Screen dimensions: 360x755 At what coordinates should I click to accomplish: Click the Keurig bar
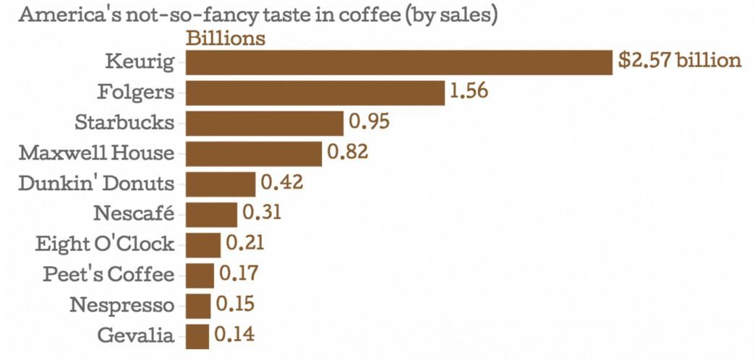pyautogui.click(x=399, y=62)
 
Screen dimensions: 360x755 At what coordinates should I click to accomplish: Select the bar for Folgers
pyautogui.click(x=315, y=93)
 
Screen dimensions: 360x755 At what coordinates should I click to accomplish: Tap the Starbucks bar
pyautogui.click(x=265, y=123)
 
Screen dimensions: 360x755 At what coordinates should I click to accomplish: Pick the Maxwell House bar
pyautogui.click(x=254, y=153)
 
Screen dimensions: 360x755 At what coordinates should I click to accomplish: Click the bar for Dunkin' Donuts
pyautogui.click(x=221, y=184)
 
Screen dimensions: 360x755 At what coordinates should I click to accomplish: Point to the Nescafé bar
pyautogui.click(x=211, y=214)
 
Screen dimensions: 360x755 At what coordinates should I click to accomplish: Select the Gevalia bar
pyautogui.click(x=197, y=335)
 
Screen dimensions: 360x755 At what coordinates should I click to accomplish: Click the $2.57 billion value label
pyautogui.click(x=680, y=61)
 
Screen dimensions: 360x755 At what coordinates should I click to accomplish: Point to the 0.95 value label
pyautogui.click(x=369, y=122)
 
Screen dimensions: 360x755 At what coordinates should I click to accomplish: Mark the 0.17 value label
pyautogui.click(x=238, y=274)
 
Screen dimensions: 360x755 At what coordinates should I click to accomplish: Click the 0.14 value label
pyautogui.click(x=234, y=335)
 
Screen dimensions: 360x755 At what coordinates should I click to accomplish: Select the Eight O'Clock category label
pyautogui.click(x=105, y=244)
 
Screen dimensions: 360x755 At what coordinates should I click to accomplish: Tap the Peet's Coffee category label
pyautogui.click(x=108, y=275)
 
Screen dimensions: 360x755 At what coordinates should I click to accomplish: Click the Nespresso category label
pyautogui.click(x=121, y=305)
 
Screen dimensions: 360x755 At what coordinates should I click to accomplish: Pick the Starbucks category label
pyautogui.click(x=124, y=122)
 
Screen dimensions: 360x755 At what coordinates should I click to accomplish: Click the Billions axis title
pyautogui.click(x=226, y=38)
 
